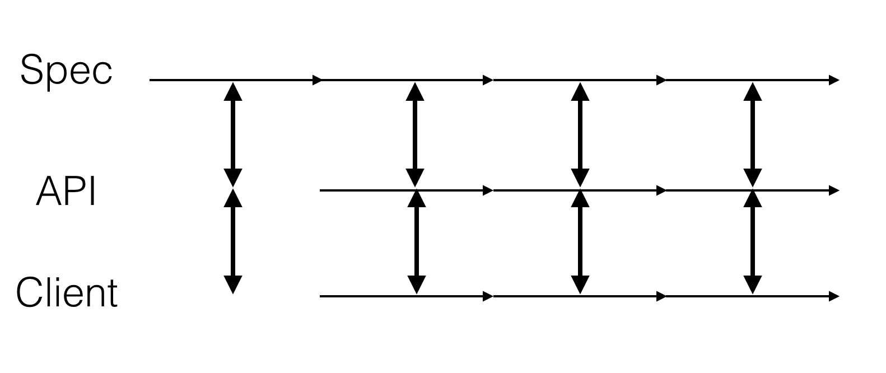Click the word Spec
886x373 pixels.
pos(67,71)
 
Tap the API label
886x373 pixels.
pos(66,192)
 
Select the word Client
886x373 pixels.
pos(67,292)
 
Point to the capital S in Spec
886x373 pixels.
pos(31,69)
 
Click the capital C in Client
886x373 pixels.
pos(29,292)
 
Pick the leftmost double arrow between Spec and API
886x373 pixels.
pos(233,134)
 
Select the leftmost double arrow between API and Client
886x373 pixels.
pos(233,241)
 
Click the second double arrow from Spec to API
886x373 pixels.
pos(415,134)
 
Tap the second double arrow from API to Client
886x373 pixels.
pos(417,242)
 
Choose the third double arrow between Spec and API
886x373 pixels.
pos(580,134)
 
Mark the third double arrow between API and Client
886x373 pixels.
pos(580,242)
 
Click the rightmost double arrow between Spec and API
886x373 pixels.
pos(753,134)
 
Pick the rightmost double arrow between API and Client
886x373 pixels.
pos(753,242)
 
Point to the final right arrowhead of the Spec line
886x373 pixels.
pos(834,80)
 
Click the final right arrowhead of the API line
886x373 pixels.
pos(834,190)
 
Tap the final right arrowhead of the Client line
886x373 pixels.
pos(834,296)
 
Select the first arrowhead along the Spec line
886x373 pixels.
pos(318,80)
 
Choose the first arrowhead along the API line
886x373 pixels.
pos(488,190)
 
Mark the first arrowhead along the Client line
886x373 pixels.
pos(488,296)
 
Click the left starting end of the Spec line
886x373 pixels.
pos(150,80)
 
